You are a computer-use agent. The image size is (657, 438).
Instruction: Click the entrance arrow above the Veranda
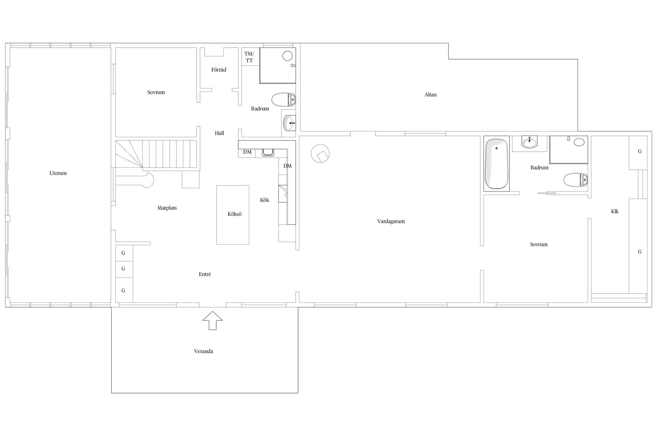(212, 321)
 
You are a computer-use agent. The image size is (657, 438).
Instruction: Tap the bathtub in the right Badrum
(497, 164)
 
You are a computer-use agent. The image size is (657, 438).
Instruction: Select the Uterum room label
(58, 173)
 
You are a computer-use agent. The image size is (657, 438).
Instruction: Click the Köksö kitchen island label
(235, 214)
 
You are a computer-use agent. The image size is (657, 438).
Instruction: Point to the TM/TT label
(249, 57)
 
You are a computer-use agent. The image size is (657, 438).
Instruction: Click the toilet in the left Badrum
(283, 100)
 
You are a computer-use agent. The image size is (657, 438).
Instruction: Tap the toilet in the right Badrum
(576, 180)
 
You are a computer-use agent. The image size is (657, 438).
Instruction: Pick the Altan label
(430, 95)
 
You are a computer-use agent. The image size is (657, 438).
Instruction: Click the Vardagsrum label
(391, 221)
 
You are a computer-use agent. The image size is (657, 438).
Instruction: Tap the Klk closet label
(615, 211)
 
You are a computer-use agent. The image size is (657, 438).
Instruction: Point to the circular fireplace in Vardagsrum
(320, 154)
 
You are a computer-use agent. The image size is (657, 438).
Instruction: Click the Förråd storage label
(219, 70)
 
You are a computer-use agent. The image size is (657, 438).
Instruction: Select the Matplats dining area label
(167, 208)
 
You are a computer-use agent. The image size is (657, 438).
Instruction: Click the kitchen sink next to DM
(267, 152)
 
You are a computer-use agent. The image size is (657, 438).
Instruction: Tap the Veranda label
(204, 351)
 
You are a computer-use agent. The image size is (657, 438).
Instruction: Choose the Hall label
(220, 133)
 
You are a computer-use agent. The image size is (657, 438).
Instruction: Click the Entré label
(205, 274)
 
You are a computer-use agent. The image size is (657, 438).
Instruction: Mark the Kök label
(265, 200)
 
